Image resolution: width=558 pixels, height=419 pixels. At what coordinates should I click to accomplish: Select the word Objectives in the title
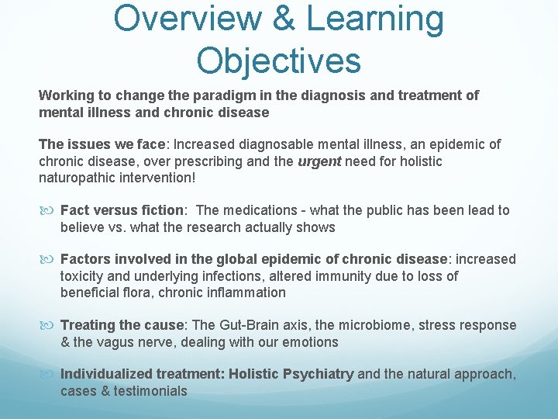pyautogui.click(x=279, y=60)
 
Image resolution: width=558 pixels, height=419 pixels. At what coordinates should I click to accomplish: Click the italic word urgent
pyautogui.click(x=319, y=161)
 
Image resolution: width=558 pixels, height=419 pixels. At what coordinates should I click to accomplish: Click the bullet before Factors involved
pyautogui.click(x=48, y=259)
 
